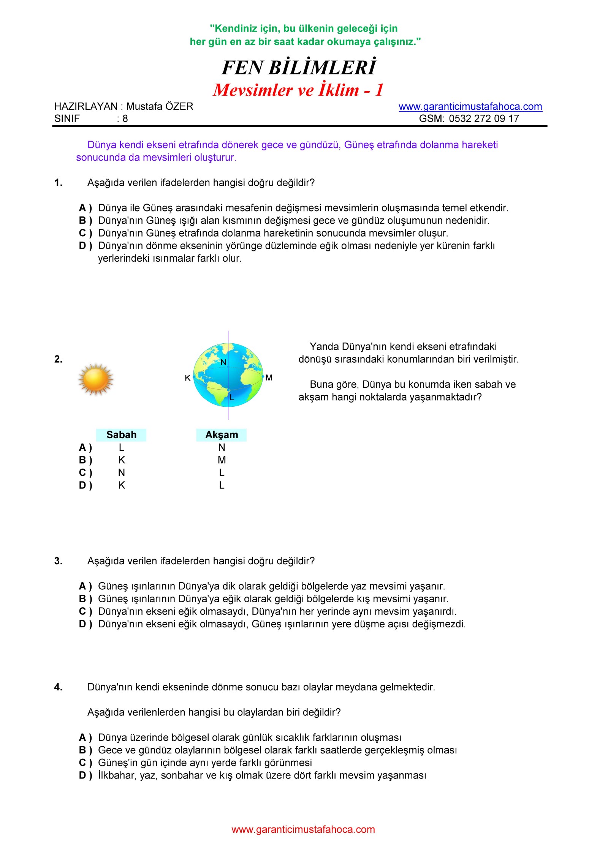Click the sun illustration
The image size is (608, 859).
tap(96, 379)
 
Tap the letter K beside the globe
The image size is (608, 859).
tap(187, 378)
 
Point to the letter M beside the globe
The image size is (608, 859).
tap(269, 377)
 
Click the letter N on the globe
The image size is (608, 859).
tap(223, 362)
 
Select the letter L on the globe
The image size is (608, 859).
tap(232, 398)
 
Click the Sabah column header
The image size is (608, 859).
tap(121, 435)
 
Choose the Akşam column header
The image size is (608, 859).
tap(222, 435)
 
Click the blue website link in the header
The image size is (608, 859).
tap(470, 106)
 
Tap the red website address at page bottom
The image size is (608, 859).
tap(303, 829)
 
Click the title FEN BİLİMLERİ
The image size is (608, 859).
tap(299, 68)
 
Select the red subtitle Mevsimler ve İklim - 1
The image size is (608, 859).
tap(298, 90)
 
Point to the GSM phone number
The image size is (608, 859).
tap(483, 118)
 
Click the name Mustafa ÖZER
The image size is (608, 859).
tap(160, 106)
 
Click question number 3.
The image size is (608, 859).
tap(58, 561)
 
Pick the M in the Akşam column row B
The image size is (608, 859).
tap(222, 460)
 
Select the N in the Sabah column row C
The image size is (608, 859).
tap(121, 473)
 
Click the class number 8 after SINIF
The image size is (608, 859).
tap(125, 118)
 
